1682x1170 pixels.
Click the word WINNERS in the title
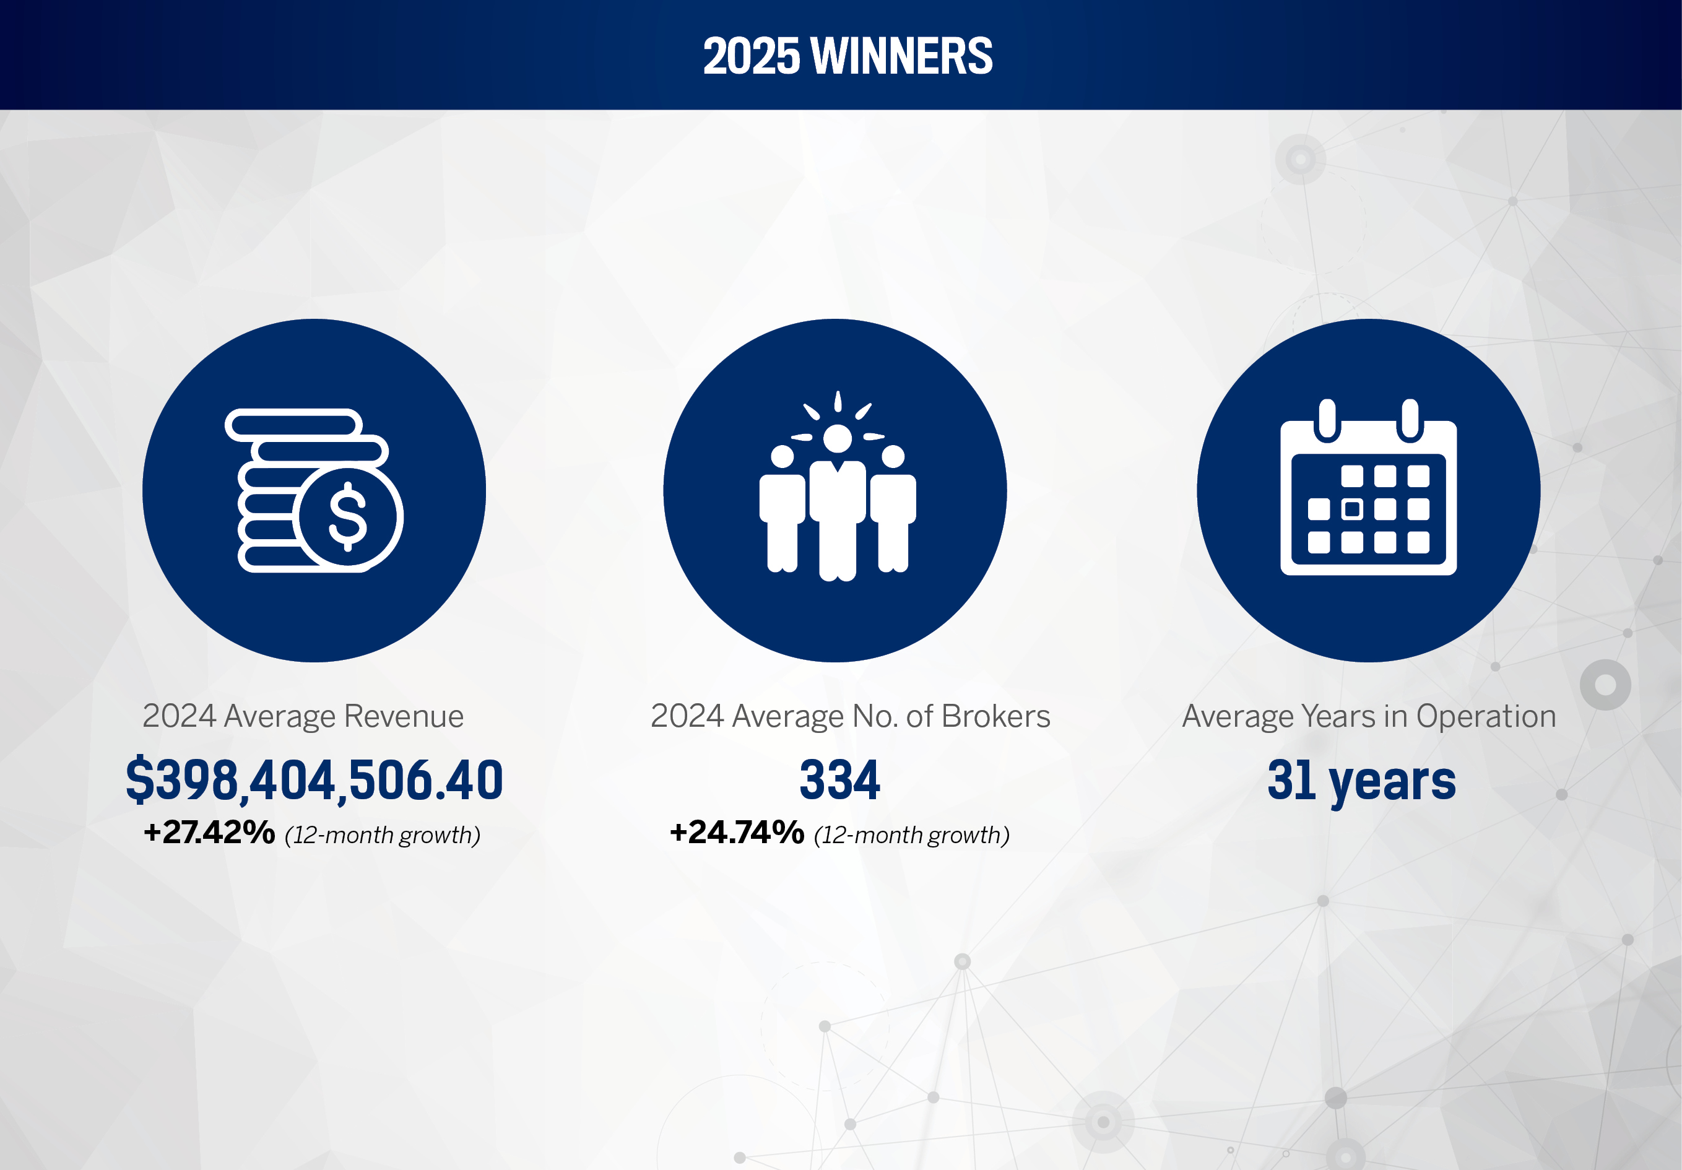[x=902, y=56]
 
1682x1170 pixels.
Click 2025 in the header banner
[x=751, y=56]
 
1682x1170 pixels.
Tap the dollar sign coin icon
[x=348, y=516]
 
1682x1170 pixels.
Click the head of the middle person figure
[x=838, y=439]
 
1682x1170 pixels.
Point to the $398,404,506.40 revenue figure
[x=314, y=779]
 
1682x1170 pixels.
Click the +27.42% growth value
[x=209, y=833]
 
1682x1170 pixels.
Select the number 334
[x=839, y=779]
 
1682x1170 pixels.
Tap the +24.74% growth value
[x=737, y=833]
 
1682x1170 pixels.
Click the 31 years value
[x=1362, y=782]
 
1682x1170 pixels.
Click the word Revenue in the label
[x=404, y=716]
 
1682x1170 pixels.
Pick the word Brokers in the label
[x=996, y=716]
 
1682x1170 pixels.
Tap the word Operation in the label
[x=1486, y=716]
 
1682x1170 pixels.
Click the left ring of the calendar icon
[x=1327, y=421]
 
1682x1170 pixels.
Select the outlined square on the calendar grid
[x=1352, y=509]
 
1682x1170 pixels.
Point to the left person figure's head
[x=782, y=456]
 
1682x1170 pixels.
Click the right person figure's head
[x=893, y=456]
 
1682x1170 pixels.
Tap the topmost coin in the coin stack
[x=293, y=425]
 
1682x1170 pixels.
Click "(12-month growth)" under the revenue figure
[x=383, y=835]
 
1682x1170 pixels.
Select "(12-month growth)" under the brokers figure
[x=912, y=835]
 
